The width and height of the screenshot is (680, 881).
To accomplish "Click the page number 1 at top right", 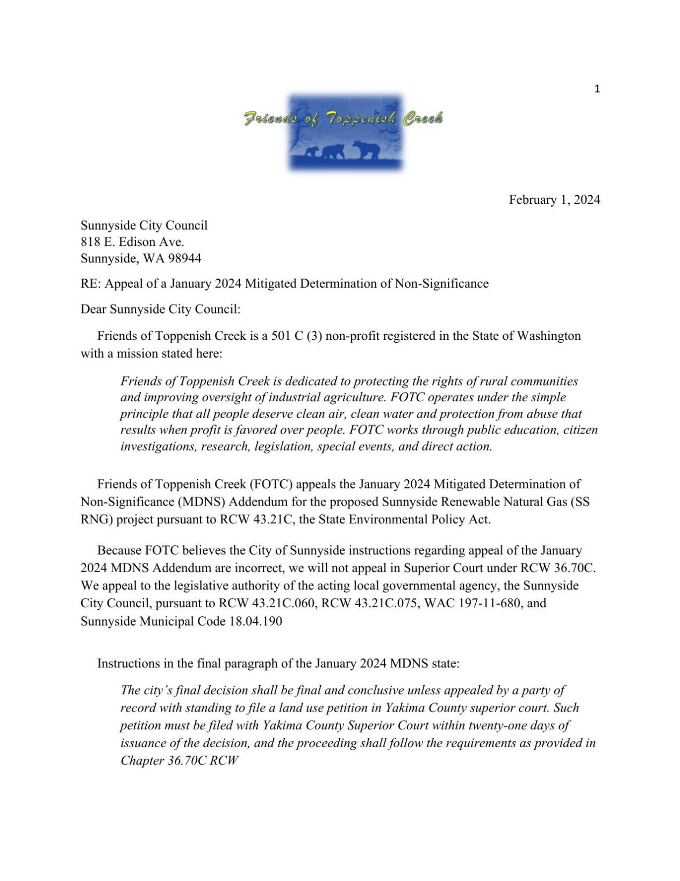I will tap(597, 89).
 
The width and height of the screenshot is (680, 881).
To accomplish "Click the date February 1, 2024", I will tap(554, 200).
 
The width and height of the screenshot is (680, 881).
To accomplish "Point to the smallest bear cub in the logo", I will tap(311, 152).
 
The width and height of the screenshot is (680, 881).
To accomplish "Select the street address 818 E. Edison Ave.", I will tap(132, 241).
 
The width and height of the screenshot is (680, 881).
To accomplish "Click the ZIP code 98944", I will tap(184, 258).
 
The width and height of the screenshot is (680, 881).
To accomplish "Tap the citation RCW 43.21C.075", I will tap(369, 603).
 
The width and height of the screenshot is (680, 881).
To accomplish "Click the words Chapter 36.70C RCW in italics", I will tap(179, 761).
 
